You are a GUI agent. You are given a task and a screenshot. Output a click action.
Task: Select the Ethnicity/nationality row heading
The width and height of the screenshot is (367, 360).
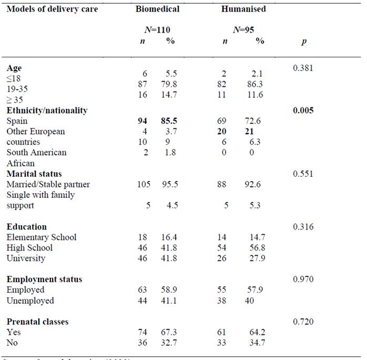pos(47,110)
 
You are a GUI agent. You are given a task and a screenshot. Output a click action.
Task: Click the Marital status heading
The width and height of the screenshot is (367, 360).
pos(34,174)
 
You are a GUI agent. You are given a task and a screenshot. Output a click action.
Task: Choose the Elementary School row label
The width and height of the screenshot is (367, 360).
pos(42,237)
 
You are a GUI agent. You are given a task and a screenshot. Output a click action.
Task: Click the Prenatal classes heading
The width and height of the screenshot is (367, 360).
pos(37,321)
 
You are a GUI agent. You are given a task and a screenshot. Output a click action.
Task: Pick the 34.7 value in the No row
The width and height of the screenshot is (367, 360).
pos(259,343)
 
